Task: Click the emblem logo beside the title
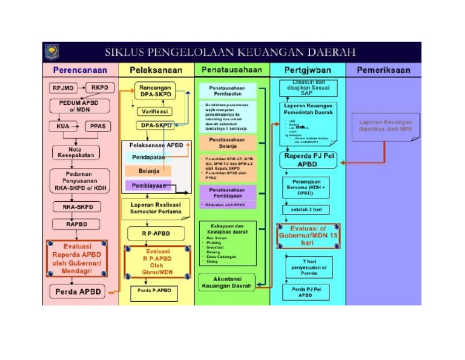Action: (x=51, y=52)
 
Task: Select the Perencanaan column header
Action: (x=80, y=70)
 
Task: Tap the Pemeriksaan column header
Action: (x=383, y=70)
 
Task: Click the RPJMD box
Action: (x=62, y=88)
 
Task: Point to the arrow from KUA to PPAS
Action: (x=79, y=127)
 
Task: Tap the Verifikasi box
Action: (x=156, y=112)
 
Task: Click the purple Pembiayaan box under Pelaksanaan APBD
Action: (x=147, y=185)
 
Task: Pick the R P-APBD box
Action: (x=156, y=233)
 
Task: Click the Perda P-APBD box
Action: (x=154, y=290)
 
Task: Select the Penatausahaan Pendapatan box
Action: (x=228, y=92)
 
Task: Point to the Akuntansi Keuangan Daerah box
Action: (x=228, y=282)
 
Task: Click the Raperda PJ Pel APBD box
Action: (x=309, y=159)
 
